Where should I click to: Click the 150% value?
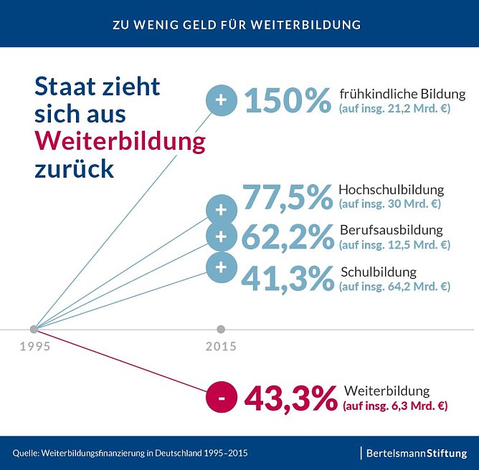pos(288,100)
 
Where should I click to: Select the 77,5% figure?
pos(287,198)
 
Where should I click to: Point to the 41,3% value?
pos(287,278)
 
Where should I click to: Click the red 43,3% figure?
pos(290,398)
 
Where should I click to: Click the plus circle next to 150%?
pos(221,100)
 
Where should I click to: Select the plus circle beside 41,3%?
pos(221,267)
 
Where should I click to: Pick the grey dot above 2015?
pos(221,330)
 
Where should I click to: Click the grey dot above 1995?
pos(34,330)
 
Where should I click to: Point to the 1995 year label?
pos(35,347)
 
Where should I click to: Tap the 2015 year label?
pos(221,347)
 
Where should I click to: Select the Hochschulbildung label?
pos(391,190)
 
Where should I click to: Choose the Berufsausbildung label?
pos(391,230)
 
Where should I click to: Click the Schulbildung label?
pos(378,272)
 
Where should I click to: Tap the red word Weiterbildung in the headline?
pos(120,141)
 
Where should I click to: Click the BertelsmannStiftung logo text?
pos(417,453)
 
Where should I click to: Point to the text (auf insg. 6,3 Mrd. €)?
pos(395,406)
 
